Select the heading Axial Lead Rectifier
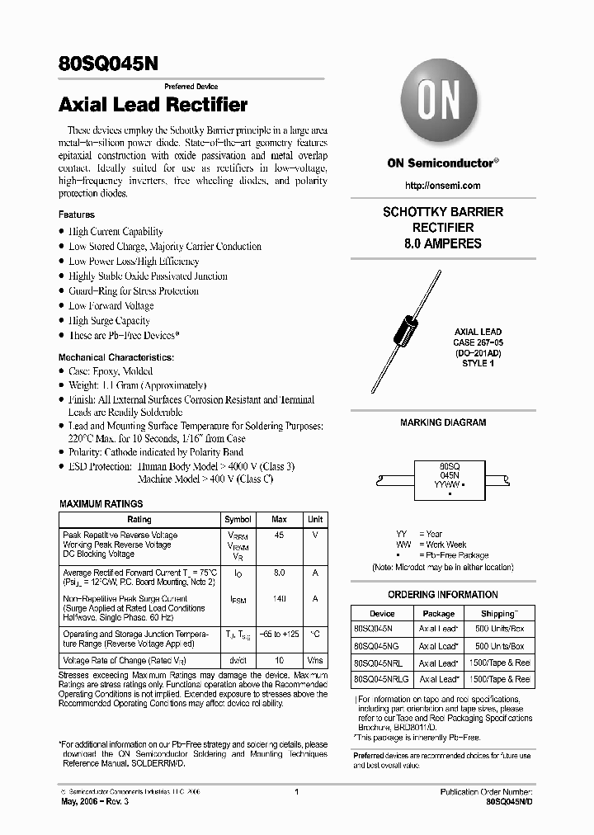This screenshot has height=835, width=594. pyautogui.click(x=153, y=105)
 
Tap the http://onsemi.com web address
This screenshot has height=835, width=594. pyautogui.click(x=443, y=186)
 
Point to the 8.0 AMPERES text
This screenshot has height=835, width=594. pyautogui.click(x=442, y=243)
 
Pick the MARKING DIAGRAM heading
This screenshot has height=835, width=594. pyautogui.click(x=443, y=422)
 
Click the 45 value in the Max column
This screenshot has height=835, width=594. pyautogui.click(x=279, y=535)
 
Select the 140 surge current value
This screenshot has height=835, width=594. pyautogui.click(x=279, y=599)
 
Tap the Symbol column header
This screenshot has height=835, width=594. pyautogui.click(x=238, y=520)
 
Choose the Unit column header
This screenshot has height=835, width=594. pyautogui.click(x=315, y=520)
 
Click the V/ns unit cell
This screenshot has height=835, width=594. pyautogui.click(x=315, y=661)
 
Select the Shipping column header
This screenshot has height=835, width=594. pyautogui.click(x=499, y=614)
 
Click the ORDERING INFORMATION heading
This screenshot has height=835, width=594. pyautogui.click(x=443, y=595)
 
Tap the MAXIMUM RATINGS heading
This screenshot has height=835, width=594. pyautogui.click(x=101, y=503)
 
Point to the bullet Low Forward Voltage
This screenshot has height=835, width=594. pyautogui.click(x=111, y=306)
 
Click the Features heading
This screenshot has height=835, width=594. pyautogui.click(x=77, y=215)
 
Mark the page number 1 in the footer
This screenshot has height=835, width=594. pyautogui.click(x=296, y=792)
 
